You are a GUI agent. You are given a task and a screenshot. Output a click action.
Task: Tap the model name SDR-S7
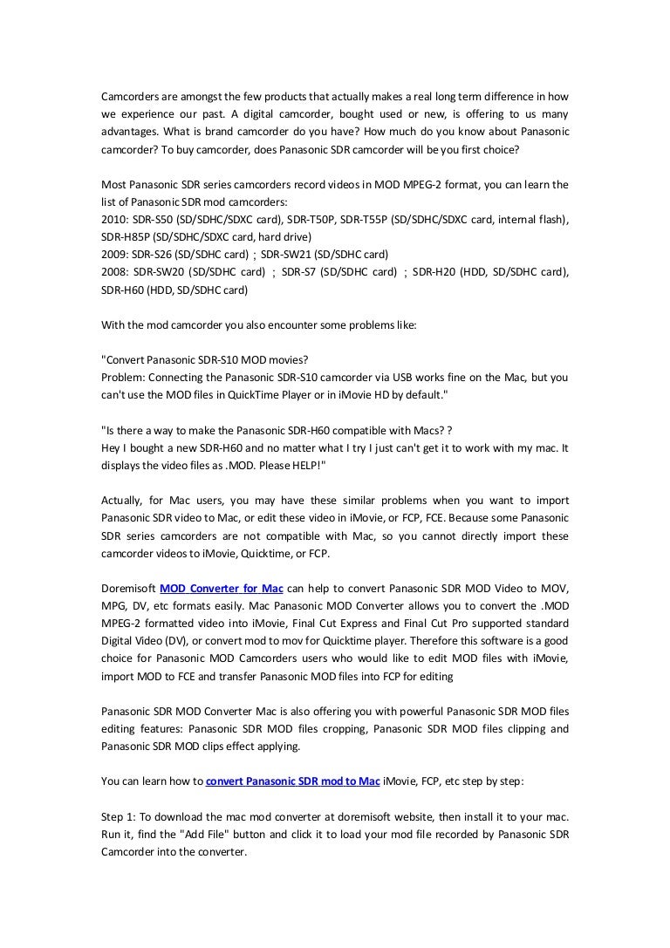click(x=303, y=272)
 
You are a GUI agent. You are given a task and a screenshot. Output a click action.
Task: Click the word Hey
click(x=111, y=447)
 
